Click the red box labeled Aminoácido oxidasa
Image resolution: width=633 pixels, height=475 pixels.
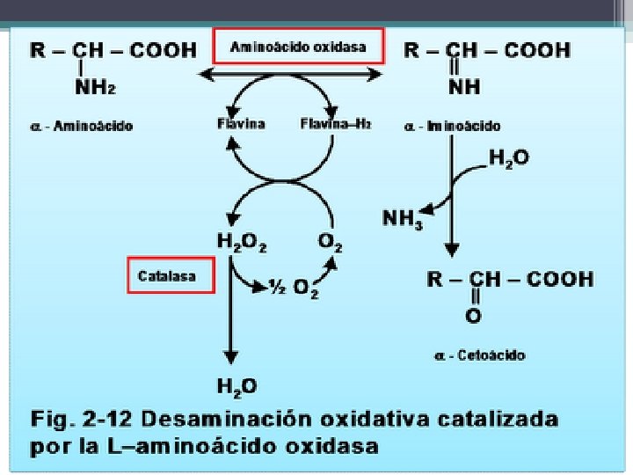tap(299, 47)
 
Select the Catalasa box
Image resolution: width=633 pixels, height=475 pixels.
tap(171, 276)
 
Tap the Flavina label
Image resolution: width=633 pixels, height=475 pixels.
tap(241, 124)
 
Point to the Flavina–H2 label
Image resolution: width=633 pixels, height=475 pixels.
tap(336, 124)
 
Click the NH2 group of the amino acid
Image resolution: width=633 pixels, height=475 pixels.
tap(98, 86)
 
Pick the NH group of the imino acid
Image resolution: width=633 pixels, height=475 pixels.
tap(463, 87)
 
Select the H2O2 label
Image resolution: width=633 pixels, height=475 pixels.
tap(242, 240)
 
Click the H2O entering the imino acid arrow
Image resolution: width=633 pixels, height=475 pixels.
tap(509, 159)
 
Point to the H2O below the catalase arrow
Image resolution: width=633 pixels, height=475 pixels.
tap(236, 385)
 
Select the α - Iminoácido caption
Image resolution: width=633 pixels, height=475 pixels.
tap(453, 126)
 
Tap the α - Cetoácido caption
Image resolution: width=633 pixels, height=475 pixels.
tap(479, 354)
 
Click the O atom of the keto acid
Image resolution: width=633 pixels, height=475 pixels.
tap(474, 314)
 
